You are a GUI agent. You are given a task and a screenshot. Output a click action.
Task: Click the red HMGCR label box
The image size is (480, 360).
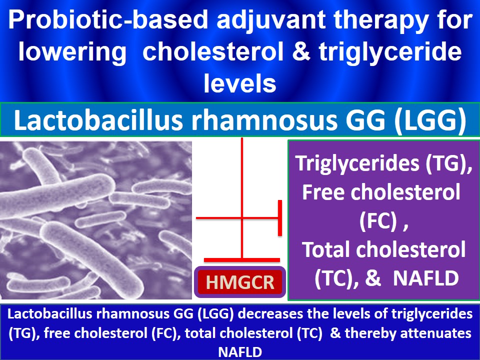pyautogui.click(x=240, y=282)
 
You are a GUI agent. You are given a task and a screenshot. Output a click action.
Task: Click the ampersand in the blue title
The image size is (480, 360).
pyautogui.click(x=301, y=51)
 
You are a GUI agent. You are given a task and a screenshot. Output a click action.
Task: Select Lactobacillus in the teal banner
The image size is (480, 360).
pyautogui.click(x=98, y=119)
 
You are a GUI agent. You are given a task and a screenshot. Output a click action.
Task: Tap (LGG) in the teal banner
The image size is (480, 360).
pyautogui.click(x=430, y=120)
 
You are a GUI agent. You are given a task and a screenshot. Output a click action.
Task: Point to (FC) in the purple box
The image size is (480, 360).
pyautogui.click(x=379, y=221)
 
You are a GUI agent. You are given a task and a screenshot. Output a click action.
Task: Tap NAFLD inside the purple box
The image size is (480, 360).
pyautogui.click(x=426, y=278)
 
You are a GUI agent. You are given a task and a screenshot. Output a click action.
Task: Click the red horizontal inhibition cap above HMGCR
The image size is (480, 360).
pyautogui.click(x=242, y=260)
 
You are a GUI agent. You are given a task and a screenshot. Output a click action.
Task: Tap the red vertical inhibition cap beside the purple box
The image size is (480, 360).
pyautogui.click(x=280, y=218)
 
